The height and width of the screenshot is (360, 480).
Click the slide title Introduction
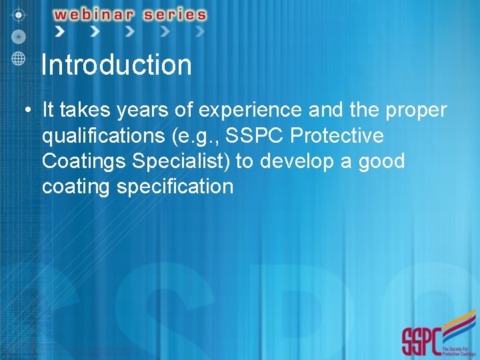116,65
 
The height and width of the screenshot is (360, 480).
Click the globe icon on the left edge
19,57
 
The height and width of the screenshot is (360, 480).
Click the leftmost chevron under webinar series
59,31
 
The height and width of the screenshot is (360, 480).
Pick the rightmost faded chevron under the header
199,31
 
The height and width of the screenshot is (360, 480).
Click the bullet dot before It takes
24,109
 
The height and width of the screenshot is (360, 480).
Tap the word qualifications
103,135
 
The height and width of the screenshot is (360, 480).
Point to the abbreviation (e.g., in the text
196,136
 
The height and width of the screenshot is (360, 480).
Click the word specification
175,187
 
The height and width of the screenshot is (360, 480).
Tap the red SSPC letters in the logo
421,341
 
